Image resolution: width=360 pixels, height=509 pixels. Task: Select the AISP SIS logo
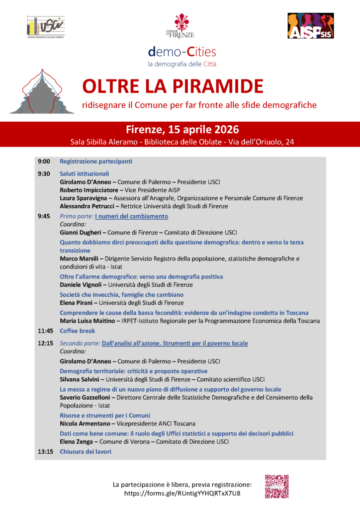pos(310,26)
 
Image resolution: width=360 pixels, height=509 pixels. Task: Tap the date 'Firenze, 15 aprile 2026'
pos(182,130)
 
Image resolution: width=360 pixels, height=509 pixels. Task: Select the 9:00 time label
pos(44,162)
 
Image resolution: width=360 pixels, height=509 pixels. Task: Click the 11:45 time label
pos(45,331)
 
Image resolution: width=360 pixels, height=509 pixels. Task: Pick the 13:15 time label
pos(45,451)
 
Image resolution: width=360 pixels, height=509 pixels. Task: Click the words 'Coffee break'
pos(77,331)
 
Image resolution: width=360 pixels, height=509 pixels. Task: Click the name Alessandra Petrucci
pos(88,206)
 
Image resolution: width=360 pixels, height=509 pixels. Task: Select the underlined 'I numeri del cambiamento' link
pos(131,216)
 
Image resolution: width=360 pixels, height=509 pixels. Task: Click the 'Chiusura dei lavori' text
pos(86,451)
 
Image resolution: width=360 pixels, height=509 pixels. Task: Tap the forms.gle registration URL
pos(182,493)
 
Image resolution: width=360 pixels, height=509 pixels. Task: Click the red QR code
pos(276,486)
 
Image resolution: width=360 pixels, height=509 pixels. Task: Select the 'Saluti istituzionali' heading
pos(84,174)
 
